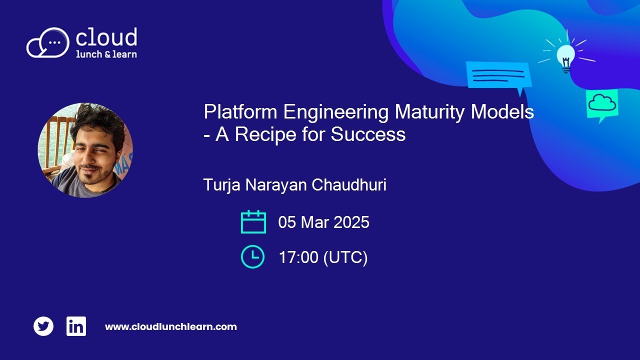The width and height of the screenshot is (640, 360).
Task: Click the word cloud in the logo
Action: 106,38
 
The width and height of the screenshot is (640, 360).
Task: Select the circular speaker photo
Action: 85,150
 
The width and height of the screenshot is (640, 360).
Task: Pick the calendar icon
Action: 253,222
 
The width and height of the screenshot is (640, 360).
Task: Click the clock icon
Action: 252,257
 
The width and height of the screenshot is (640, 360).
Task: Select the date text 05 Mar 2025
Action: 323,222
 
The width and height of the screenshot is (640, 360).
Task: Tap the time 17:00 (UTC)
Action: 323,257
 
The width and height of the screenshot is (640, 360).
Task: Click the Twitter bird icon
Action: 43,326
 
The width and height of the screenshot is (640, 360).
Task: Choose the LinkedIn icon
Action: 76,326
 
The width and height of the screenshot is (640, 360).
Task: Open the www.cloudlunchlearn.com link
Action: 170,327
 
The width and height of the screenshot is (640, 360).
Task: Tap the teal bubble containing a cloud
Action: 601,104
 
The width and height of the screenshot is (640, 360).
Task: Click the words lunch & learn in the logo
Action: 106,54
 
